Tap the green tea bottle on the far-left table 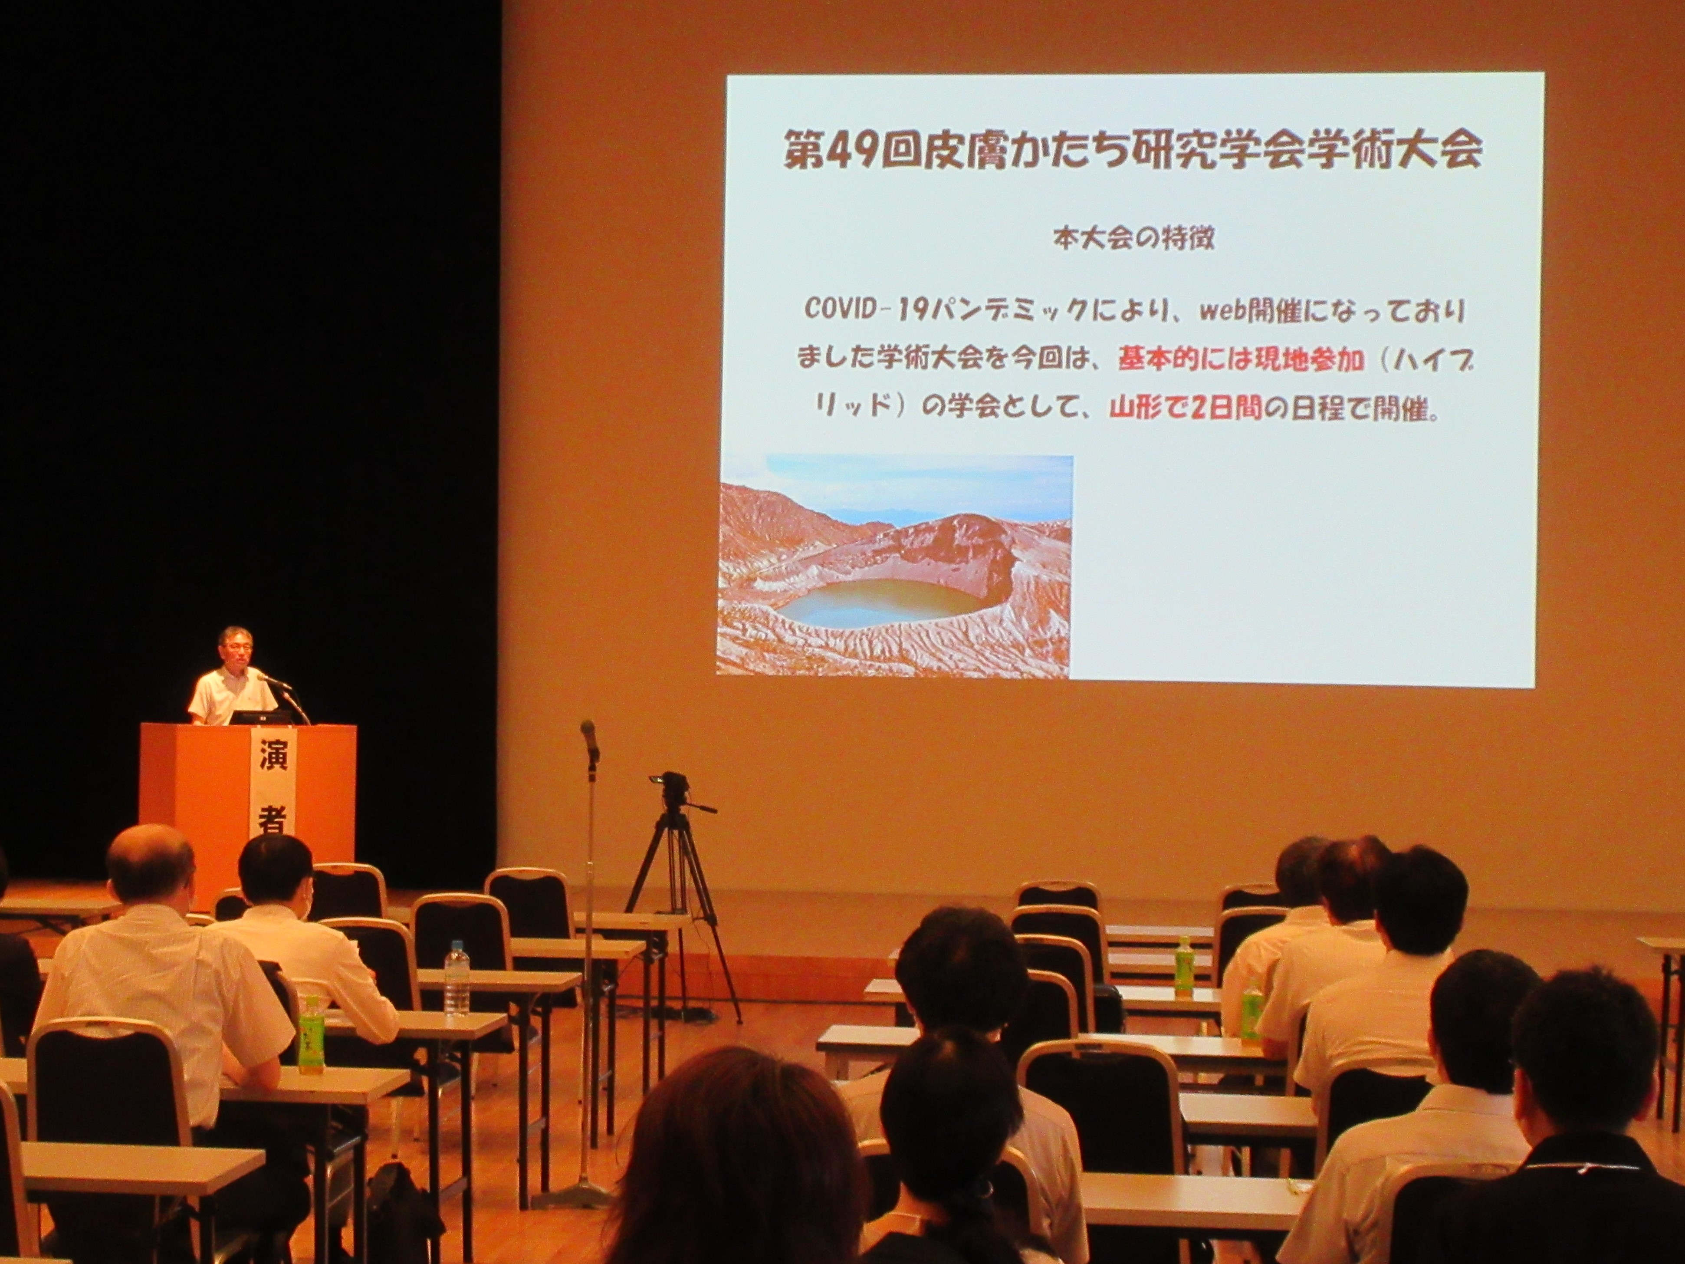pyautogui.click(x=309, y=1033)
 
